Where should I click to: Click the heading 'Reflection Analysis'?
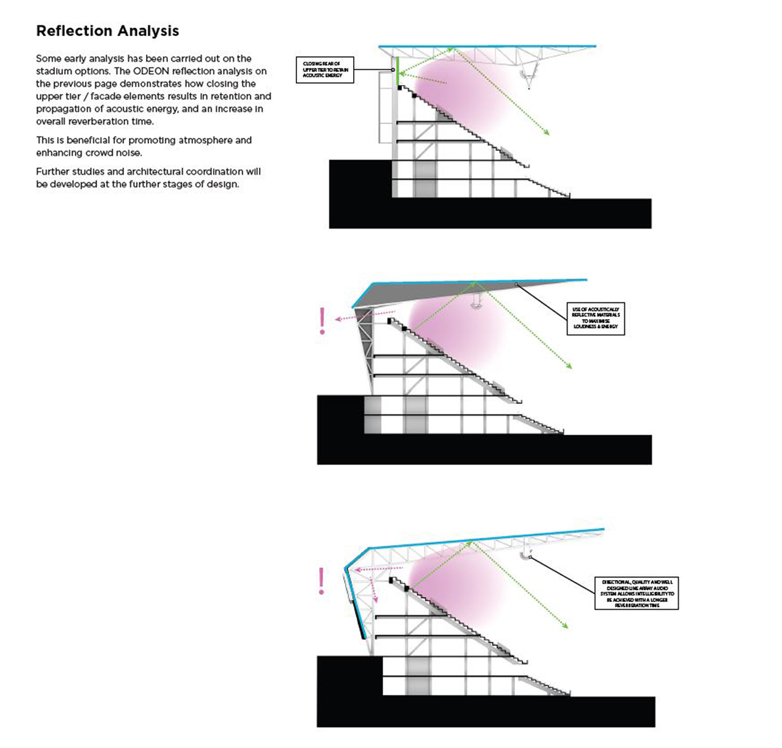pyautogui.click(x=108, y=31)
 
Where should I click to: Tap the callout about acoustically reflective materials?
pyautogui.click(x=596, y=318)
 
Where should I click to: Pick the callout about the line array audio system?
pyautogui.click(x=637, y=593)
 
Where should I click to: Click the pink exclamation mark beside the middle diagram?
pyautogui.click(x=322, y=321)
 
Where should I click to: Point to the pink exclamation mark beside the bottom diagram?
pyautogui.click(x=321, y=581)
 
